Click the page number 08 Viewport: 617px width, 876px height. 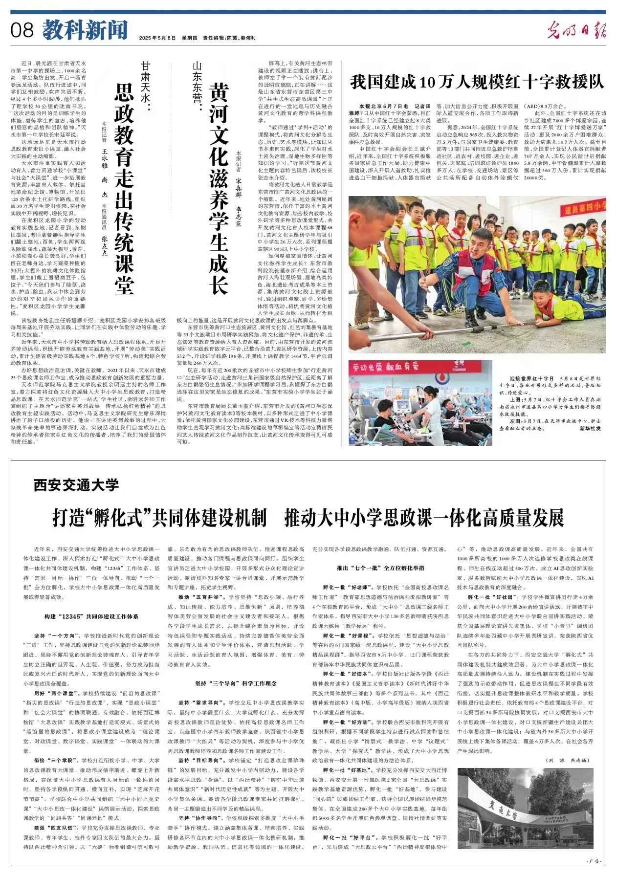(x=22, y=30)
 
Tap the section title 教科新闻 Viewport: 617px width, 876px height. (x=85, y=30)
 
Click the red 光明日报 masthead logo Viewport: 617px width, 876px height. (x=576, y=30)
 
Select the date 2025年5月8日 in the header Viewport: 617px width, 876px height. (x=157, y=38)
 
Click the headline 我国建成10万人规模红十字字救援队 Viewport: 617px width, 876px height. (x=477, y=82)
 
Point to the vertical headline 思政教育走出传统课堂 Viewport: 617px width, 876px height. (x=124, y=188)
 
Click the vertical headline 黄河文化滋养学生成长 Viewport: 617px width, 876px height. (x=218, y=188)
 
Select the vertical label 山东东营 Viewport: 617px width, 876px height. (x=197, y=86)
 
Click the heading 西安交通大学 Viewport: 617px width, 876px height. (x=76, y=485)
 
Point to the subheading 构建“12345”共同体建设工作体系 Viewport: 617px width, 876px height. (x=91, y=616)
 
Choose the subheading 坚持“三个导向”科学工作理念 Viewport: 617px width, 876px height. (x=236, y=683)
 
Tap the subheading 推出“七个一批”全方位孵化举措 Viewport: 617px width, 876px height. (x=380, y=568)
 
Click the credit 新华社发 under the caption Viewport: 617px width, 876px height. (x=590, y=428)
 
